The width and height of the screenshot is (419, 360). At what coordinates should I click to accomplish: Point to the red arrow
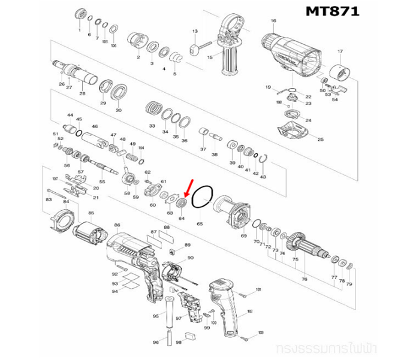pos(188,189)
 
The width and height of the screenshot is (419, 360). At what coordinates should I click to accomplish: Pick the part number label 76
pos(305,279)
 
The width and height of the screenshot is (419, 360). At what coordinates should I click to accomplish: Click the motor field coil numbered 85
pos(91,231)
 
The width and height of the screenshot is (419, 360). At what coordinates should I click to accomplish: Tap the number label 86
pos(117,225)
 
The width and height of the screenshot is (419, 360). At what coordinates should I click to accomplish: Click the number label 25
pos(320,139)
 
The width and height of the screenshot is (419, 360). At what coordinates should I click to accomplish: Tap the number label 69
pos(243,237)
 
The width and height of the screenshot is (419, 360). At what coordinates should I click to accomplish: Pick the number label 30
pos(118,110)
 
